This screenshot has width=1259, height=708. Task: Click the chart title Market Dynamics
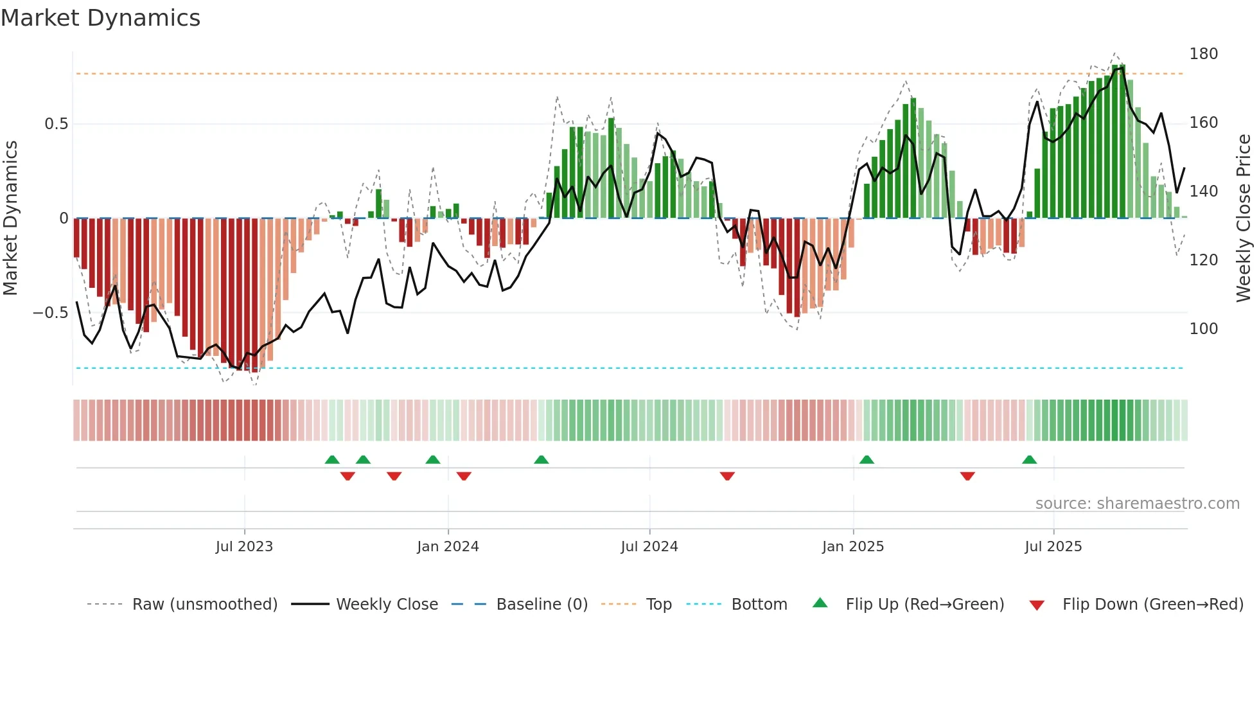tap(100, 18)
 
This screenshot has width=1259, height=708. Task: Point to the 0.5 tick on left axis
tap(56, 124)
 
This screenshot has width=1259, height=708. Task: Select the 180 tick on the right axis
tap(1203, 54)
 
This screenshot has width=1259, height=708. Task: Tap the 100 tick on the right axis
tap(1203, 329)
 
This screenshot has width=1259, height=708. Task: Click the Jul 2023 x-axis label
tap(244, 547)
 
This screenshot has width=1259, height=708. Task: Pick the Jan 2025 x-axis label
tap(852, 547)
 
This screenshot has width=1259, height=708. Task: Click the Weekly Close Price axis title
tap(1244, 218)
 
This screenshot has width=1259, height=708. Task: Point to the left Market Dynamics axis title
tap(10, 218)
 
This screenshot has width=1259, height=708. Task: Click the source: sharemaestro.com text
tap(1137, 504)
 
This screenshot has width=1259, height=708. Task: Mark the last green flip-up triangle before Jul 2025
tap(1029, 460)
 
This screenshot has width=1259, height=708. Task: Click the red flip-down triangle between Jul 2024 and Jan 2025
tap(727, 476)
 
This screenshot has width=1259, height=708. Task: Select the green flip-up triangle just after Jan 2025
tap(867, 460)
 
